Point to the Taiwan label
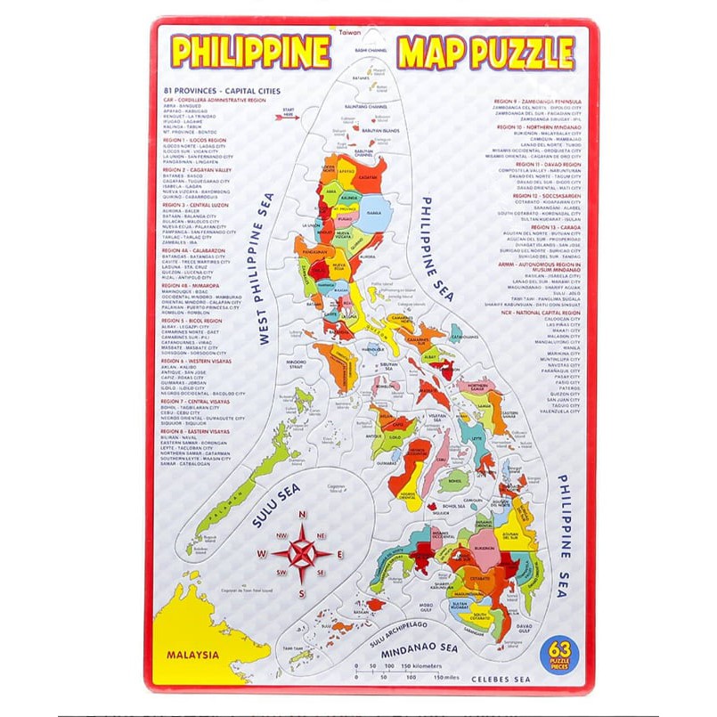coord(349,31)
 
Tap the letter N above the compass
coord(302,515)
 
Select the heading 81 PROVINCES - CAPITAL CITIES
coord(221,91)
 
